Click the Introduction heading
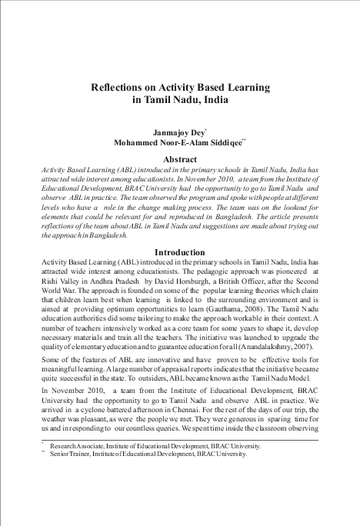179,252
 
